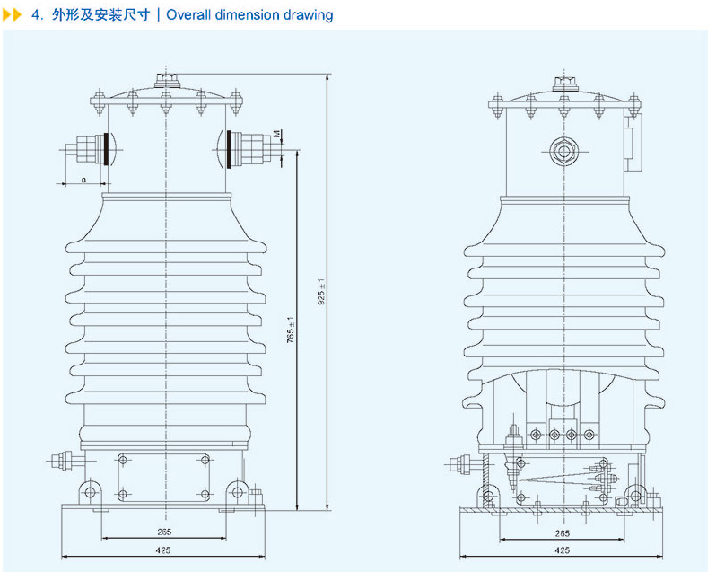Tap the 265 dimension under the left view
(x=163, y=532)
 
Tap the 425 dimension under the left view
(x=163, y=550)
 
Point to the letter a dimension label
(x=83, y=179)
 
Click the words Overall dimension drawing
(x=249, y=15)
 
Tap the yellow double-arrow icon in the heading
(x=12, y=15)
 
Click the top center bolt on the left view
(x=166, y=82)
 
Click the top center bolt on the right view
(x=564, y=84)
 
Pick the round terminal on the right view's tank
(x=564, y=149)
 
